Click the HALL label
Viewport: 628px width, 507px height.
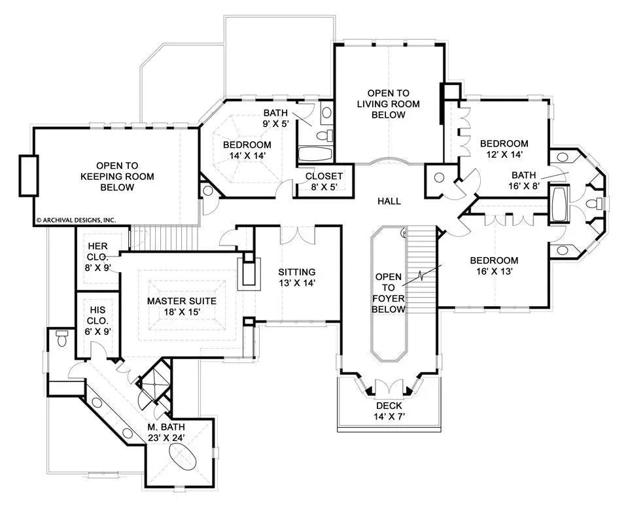point(389,201)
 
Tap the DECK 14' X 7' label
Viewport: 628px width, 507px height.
point(389,410)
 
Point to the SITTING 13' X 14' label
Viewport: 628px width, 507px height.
point(296,277)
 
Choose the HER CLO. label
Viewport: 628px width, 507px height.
point(97,252)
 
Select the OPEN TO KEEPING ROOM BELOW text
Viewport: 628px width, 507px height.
point(117,177)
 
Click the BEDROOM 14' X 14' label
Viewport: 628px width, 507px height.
point(247,150)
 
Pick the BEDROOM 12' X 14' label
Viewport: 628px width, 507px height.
point(504,149)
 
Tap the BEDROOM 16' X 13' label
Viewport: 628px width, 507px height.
point(494,266)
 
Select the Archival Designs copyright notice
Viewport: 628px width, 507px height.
point(75,220)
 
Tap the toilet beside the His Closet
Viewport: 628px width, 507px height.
point(62,339)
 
